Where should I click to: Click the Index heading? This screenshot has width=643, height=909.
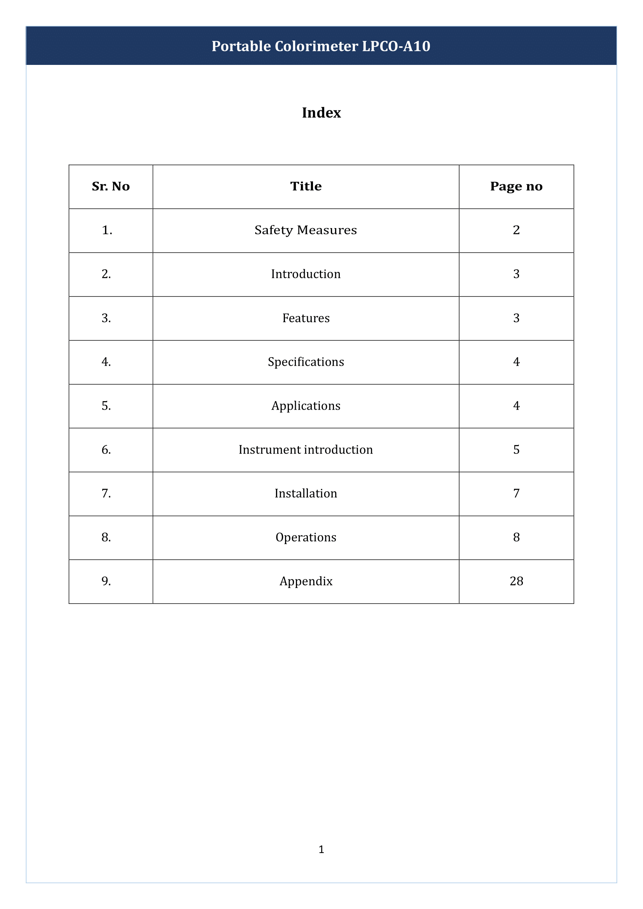click(x=321, y=113)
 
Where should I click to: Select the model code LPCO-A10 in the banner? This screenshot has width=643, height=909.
click(x=396, y=46)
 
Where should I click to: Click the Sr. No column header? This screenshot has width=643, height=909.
click(x=110, y=186)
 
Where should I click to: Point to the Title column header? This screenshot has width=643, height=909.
click(x=306, y=186)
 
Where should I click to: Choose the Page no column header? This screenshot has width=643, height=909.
click(x=516, y=186)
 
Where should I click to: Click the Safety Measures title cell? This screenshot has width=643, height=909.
click(x=306, y=230)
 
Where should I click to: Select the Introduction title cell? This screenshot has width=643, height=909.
click(x=306, y=274)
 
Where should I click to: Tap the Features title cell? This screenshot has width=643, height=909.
click(x=306, y=318)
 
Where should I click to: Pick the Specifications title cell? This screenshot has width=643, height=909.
click(x=306, y=362)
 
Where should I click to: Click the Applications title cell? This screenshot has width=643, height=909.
click(x=306, y=406)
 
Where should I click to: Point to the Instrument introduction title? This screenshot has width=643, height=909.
click(x=306, y=450)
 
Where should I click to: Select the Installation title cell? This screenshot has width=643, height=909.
click(x=306, y=493)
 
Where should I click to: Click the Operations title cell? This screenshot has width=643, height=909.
click(x=306, y=537)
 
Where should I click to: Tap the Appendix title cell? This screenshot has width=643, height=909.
click(x=306, y=581)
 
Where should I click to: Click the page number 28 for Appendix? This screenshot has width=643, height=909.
click(x=516, y=581)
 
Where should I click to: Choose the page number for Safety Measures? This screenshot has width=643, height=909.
click(x=516, y=230)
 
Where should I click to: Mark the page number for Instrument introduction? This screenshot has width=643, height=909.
click(x=516, y=450)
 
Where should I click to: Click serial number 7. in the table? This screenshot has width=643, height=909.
click(x=106, y=493)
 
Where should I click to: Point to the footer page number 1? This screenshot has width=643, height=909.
click(x=321, y=849)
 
